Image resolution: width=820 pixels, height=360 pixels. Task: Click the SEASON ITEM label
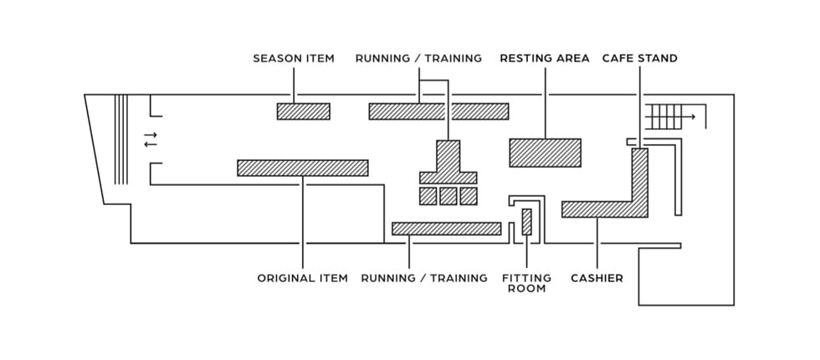(294, 59)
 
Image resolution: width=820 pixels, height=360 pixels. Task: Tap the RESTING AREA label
(544, 59)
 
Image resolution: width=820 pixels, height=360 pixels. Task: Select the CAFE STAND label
(640, 59)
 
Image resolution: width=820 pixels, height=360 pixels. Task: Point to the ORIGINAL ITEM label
(302, 278)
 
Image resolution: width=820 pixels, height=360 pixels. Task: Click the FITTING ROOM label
(526, 283)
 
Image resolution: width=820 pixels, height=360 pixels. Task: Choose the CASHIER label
(597, 278)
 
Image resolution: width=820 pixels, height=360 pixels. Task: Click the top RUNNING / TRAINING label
(418, 59)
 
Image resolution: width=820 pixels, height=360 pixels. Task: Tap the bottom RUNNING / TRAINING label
(423, 278)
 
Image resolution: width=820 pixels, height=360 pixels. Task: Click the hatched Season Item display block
(304, 111)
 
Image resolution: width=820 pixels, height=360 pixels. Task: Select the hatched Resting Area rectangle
(545, 152)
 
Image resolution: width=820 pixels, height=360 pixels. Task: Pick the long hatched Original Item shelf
(302, 167)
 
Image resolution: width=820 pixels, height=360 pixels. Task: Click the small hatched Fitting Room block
(526, 222)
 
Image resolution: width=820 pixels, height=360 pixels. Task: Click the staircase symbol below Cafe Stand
(665, 116)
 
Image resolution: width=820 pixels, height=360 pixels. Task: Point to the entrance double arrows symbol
(151, 139)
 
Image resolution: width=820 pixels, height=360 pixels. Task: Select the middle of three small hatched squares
(448, 196)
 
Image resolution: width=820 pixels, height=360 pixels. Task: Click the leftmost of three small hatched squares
(428, 196)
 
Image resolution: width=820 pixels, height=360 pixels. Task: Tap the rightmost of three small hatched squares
(469, 196)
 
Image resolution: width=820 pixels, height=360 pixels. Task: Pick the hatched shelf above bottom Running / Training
(446, 229)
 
